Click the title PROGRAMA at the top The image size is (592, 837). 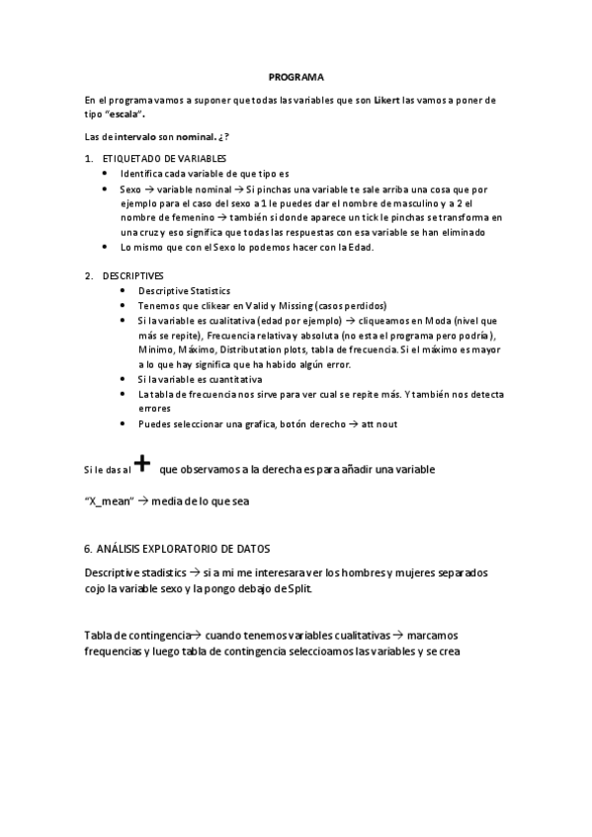296,77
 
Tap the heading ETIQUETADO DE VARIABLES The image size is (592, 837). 164,158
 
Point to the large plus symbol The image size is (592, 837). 142,464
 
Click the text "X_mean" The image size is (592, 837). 110,500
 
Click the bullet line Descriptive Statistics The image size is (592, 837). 184,291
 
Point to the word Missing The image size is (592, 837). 287,306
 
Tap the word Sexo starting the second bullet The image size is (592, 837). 131,188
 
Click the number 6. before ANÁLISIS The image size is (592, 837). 89,548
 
